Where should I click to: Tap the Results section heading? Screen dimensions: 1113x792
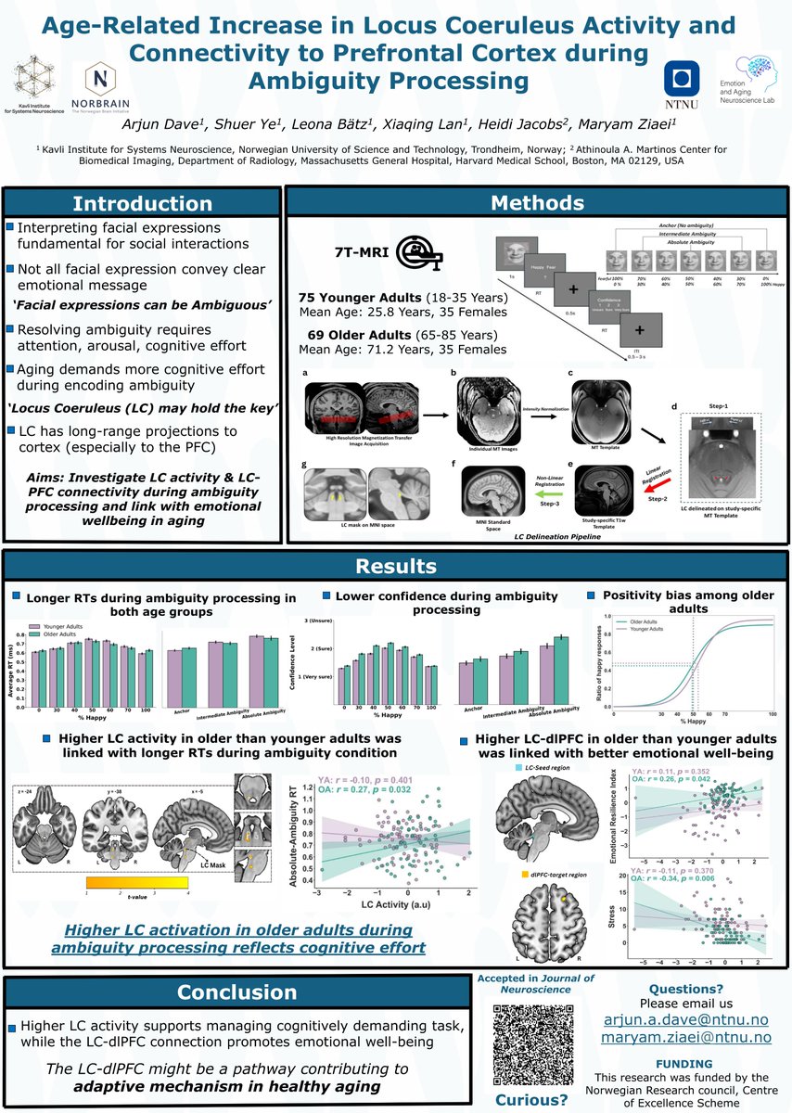coord(397,567)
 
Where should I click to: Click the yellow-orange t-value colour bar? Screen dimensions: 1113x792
coord(136,884)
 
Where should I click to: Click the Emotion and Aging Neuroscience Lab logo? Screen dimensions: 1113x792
coord(747,79)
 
